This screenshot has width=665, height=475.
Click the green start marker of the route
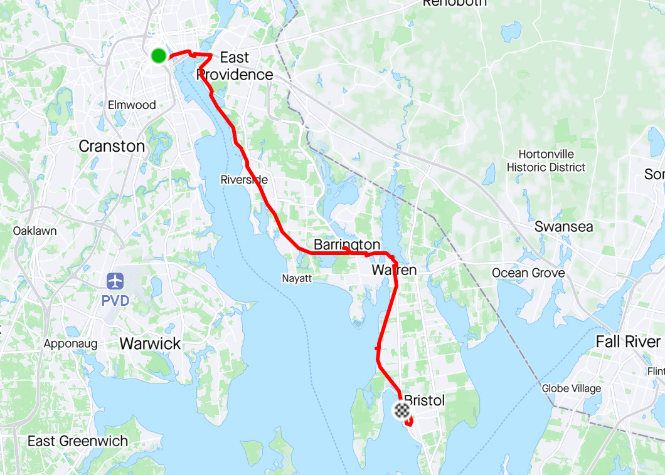(159, 56)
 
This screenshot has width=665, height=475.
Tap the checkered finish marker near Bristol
(402, 410)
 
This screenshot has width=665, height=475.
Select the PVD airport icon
(115, 281)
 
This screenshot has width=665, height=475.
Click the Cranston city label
(112, 146)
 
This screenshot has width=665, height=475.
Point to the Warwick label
(150, 343)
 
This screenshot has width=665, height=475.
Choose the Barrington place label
(347, 244)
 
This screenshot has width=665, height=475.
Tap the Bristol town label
(424, 400)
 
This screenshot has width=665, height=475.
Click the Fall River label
(628, 342)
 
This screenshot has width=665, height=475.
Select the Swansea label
(563, 226)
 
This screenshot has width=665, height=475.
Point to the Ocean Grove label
(528, 273)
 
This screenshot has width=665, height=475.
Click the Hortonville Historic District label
(546, 160)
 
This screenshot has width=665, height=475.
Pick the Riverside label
(244, 180)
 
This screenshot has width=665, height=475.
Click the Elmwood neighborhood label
(132, 105)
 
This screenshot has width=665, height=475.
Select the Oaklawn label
(35, 231)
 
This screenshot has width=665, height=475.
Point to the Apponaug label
(68, 343)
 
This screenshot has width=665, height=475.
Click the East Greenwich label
(78, 441)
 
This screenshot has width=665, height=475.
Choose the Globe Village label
(572, 389)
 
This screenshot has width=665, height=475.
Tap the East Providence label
(235, 66)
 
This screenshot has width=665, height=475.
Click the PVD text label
(115, 301)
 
